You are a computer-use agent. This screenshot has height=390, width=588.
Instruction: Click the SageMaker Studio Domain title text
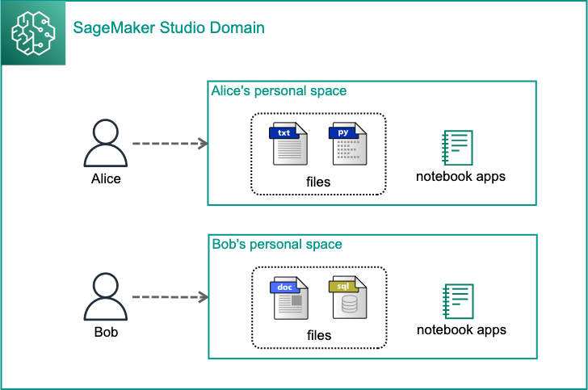coord(169,28)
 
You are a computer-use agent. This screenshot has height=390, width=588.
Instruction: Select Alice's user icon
coord(105,143)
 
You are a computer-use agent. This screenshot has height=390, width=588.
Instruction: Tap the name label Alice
coord(106,178)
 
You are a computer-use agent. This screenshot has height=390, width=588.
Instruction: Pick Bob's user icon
coord(105,297)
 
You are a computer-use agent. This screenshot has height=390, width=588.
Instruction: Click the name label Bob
coord(106,332)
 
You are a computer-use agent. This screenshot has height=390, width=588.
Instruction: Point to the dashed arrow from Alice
coord(170,144)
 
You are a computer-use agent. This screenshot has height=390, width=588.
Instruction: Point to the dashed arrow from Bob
coord(170,297)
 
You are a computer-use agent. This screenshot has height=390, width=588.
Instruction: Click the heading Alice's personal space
coord(279,90)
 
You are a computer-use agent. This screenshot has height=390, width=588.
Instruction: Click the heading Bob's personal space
coord(276,244)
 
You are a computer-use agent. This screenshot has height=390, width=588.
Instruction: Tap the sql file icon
coord(346,298)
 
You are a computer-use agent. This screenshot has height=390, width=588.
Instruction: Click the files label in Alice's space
coord(318,182)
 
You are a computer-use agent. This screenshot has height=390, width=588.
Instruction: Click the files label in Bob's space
coord(318,335)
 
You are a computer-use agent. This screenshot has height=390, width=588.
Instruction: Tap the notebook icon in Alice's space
coord(457,148)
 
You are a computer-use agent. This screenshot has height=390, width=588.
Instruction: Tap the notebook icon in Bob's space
coord(458,302)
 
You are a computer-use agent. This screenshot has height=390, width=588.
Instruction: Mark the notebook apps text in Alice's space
coord(460,176)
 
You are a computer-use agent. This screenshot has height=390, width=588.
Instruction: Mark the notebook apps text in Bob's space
coord(461,329)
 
